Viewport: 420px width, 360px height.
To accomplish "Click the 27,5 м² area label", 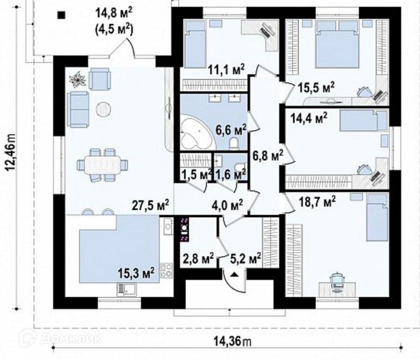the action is click(x=150, y=205).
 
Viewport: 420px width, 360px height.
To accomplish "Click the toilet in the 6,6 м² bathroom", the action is click(x=234, y=142).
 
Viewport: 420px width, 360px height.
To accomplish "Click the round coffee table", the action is click(x=103, y=109).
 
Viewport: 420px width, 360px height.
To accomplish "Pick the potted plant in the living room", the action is click(x=77, y=79).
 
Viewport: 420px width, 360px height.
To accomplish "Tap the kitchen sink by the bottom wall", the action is click(x=126, y=289).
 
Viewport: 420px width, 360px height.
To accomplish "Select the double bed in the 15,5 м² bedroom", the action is click(x=337, y=44).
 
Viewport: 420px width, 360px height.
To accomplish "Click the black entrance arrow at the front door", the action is click(x=234, y=274).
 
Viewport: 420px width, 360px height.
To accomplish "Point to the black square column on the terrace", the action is click(x=61, y=15).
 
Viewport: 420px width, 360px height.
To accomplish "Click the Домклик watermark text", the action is click(x=70, y=339).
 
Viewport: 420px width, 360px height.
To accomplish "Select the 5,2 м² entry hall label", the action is click(x=245, y=259).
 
